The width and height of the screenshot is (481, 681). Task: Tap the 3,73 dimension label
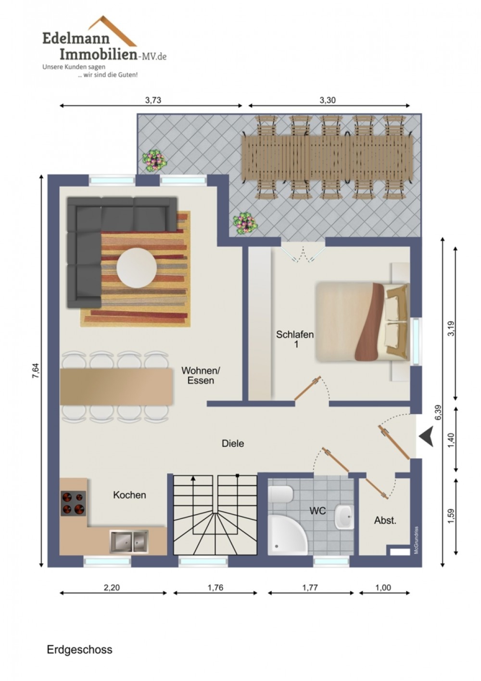tap(152, 100)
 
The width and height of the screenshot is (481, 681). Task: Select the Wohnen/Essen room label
tap(201, 376)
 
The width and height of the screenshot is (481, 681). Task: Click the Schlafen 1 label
tap(295, 339)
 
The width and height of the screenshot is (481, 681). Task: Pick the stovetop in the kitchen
tap(73, 503)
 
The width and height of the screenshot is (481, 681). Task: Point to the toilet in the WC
tap(280, 494)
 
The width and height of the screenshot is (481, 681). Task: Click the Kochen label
tap(129, 495)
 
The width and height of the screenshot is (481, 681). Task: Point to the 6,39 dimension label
tap(439, 413)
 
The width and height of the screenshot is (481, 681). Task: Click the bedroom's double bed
tap(362, 322)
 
